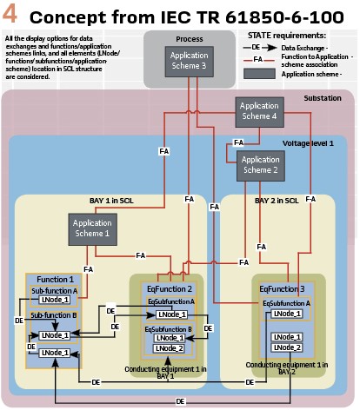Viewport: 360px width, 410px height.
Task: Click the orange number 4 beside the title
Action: click(12, 15)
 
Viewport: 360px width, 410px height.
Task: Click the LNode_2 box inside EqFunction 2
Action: click(170, 348)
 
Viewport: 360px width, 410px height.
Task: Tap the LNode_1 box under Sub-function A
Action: click(54, 300)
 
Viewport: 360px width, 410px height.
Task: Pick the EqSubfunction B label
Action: click(170, 329)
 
